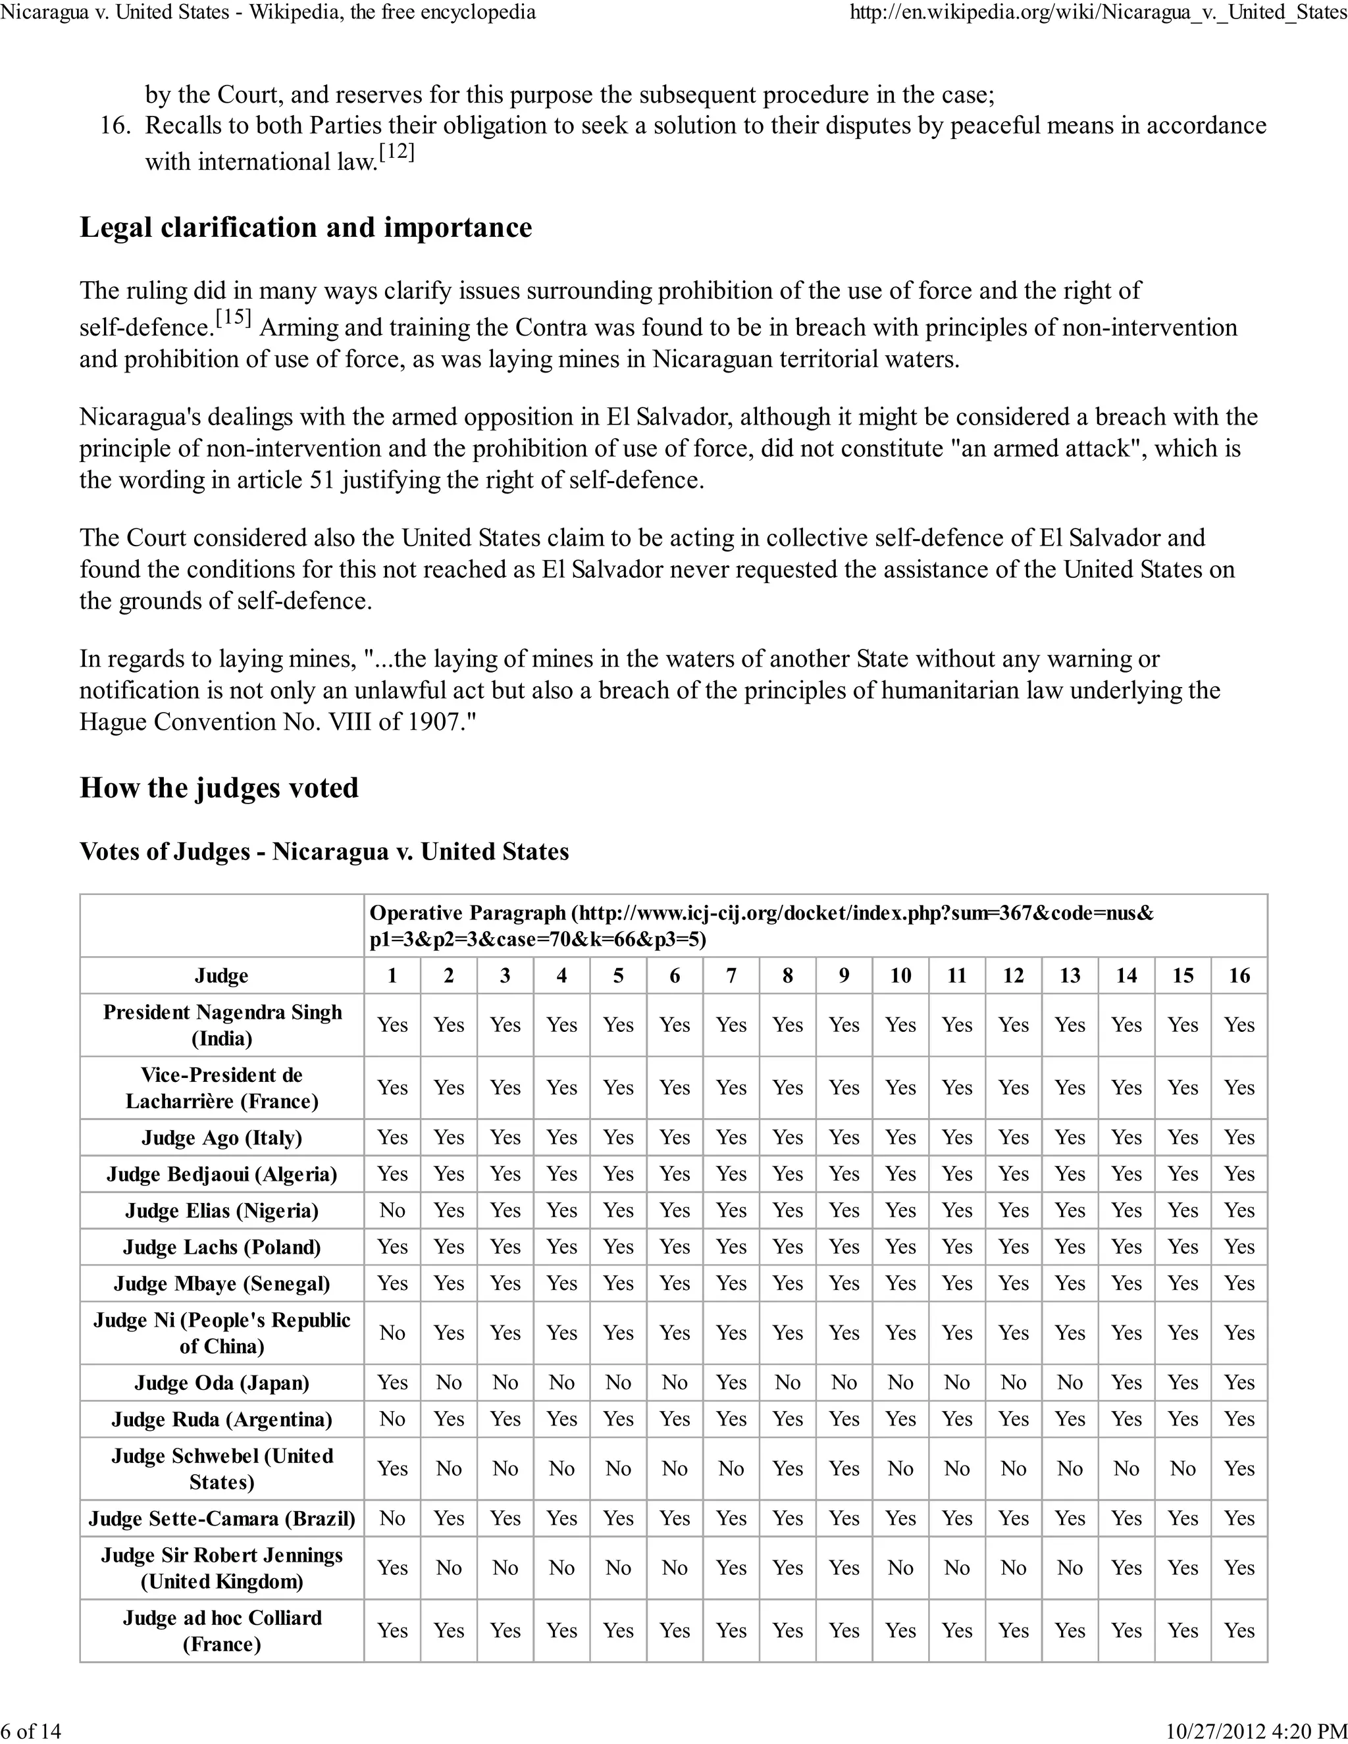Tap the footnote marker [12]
pyautogui.click(x=396, y=152)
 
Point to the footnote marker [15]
pyautogui.click(x=233, y=318)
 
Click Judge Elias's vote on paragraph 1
pyautogui.click(x=392, y=1210)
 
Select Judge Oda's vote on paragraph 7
pyautogui.click(x=731, y=1383)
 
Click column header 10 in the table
pyautogui.click(x=900, y=976)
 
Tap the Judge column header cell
pyautogui.click(x=221, y=976)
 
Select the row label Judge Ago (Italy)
pyautogui.click(x=221, y=1138)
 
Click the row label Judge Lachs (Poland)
pyautogui.click(x=221, y=1247)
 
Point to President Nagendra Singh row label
pyautogui.click(x=221, y=1025)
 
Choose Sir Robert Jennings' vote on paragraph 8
pyautogui.click(x=787, y=1568)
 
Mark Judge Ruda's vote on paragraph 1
pyautogui.click(x=392, y=1420)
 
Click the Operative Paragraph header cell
pyautogui.click(x=761, y=925)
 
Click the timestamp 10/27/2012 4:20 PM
pyautogui.click(x=1256, y=1731)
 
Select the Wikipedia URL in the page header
pyautogui.click(x=1098, y=12)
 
